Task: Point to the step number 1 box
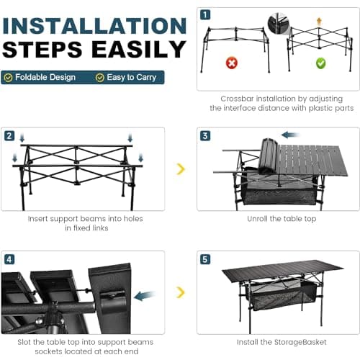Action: coord(205,14)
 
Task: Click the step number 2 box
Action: coord(9,135)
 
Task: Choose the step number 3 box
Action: coord(205,135)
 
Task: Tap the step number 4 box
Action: coord(9,258)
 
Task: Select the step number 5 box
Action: coord(205,258)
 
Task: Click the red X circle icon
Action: coord(232,63)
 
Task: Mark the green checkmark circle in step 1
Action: coord(320,63)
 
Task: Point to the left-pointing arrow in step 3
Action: coord(290,135)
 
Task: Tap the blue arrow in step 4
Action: coord(144,294)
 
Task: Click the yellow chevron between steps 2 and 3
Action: coord(181,169)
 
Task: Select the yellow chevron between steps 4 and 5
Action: coord(181,292)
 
